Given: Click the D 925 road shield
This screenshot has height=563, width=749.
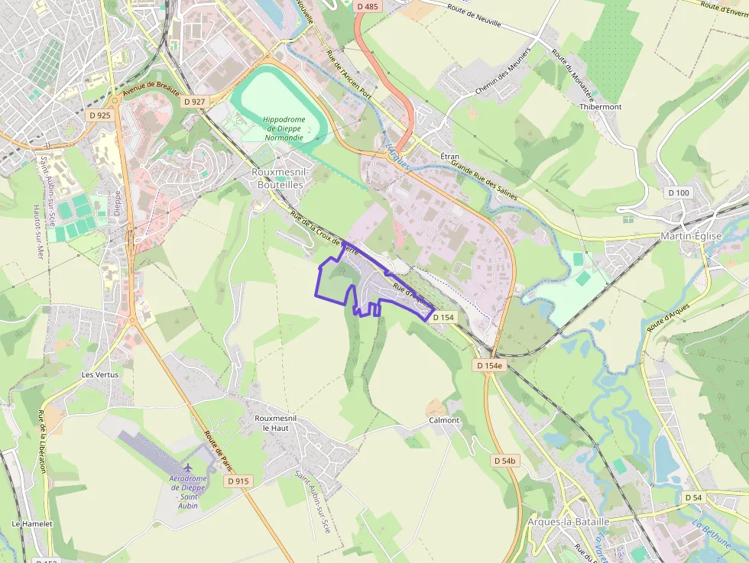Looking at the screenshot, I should click(x=99, y=115).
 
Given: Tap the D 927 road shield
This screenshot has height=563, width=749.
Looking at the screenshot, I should click(x=195, y=101).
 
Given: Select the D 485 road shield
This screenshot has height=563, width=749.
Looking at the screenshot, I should click(x=367, y=6).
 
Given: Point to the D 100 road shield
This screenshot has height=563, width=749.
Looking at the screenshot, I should click(x=677, y=193).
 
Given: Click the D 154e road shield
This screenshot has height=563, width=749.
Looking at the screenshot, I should click(x=490, y=365).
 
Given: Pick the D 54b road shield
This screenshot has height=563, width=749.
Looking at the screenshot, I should click(x=505, y=461).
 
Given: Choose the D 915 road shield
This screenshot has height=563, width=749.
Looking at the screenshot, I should click(x=238, y=481).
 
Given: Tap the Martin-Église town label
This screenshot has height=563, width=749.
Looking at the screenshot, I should click(x=691, y=236).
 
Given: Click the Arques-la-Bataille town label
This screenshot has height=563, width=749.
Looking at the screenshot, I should click(x=569, y=521).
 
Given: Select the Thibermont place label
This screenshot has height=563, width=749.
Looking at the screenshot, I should click(x=600, y=107).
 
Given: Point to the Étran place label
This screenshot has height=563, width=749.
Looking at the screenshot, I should click(x=450, y=155).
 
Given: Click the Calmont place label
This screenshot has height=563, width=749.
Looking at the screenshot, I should click(x=444, y=420).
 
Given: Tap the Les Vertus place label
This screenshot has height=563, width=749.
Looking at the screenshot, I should click(x=100, y=375).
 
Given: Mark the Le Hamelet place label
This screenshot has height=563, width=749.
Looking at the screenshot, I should click(x=32, y=524).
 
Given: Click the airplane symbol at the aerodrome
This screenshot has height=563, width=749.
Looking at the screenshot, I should click(x=188, y=466).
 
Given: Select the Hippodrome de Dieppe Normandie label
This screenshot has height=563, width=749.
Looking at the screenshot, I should click(x=284, y=128).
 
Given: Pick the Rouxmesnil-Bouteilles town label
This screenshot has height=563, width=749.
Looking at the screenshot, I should click(x=277, y=178).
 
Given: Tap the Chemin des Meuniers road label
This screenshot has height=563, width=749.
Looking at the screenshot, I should click(x=503, y=79).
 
